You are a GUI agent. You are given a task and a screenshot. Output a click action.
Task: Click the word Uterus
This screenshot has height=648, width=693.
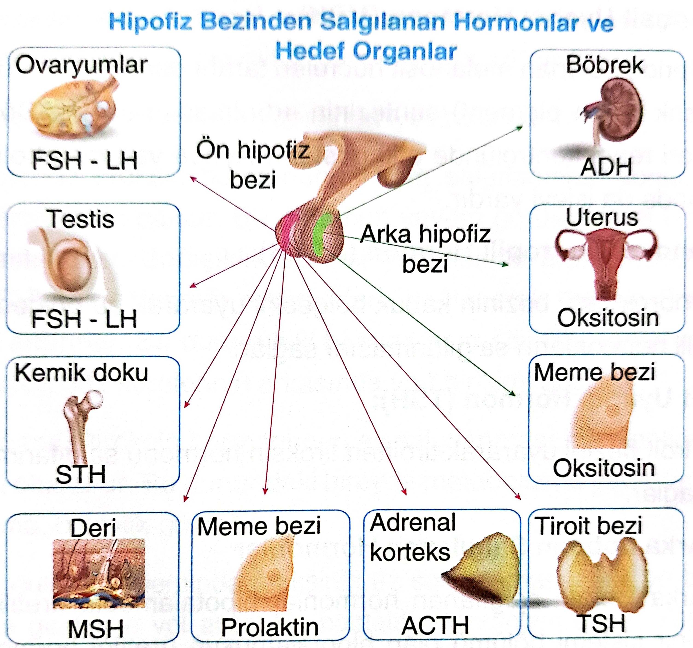click(x=602, y=218)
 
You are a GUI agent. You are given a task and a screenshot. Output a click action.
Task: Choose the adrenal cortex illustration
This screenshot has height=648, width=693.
click(x=486, y=568)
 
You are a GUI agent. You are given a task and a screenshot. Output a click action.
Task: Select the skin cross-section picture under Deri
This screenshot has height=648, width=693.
click(x=99, y=573)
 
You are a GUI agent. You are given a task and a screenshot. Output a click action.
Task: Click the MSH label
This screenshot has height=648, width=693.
click(x=96, y=629)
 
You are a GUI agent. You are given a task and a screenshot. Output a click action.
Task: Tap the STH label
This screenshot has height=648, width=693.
click(x=81, y=474)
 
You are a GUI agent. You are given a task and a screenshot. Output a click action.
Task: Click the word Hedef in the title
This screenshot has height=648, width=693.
click(x=310, y=51)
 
